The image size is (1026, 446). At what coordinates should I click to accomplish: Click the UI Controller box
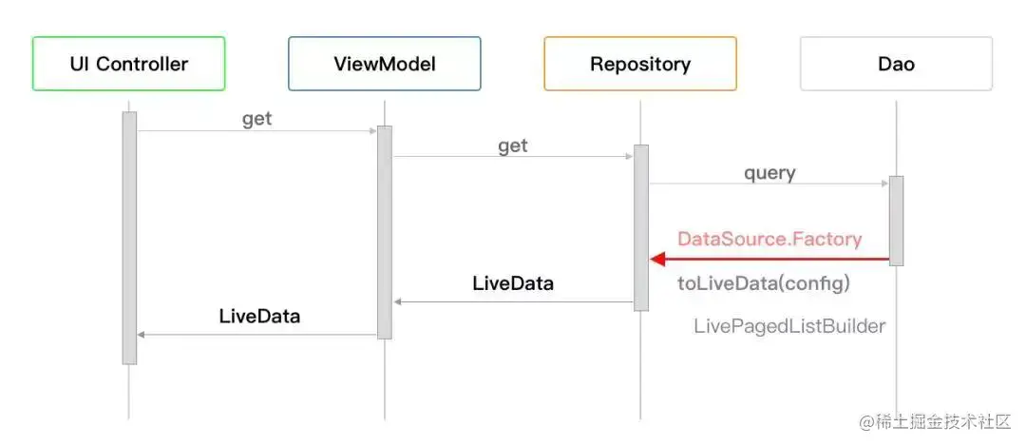(129, 64)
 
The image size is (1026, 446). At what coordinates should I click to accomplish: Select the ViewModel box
(385, 64)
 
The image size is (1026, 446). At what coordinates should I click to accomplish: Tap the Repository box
(640, 64)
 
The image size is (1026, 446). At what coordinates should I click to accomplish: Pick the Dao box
(897, 64)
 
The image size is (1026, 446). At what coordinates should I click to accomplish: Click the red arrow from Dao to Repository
(769, 260)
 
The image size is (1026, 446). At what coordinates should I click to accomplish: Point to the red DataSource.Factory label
(769, 239)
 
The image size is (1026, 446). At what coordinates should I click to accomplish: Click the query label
(769, 174)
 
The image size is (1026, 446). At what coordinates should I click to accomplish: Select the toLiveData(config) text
(764, 283)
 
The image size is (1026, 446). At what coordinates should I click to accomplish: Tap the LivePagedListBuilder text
(789, 326)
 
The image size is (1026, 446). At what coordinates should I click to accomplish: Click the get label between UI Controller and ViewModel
(257, 120)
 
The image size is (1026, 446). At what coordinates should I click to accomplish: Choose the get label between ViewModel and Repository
(513, 146)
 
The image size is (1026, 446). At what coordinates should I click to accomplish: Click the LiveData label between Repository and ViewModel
(513, 283)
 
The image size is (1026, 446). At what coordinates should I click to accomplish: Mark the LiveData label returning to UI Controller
(259, 317)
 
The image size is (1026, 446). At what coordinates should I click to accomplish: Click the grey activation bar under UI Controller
(129, 238)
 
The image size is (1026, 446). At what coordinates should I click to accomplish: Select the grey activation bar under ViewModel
(385, 232)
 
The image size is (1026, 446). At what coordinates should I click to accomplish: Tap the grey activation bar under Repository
(641, 228)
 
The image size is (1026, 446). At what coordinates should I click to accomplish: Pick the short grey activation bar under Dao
(897, 221)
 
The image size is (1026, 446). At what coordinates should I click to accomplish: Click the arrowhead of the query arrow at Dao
(885, 184)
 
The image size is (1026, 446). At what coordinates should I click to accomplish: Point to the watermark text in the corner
(936, 422)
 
